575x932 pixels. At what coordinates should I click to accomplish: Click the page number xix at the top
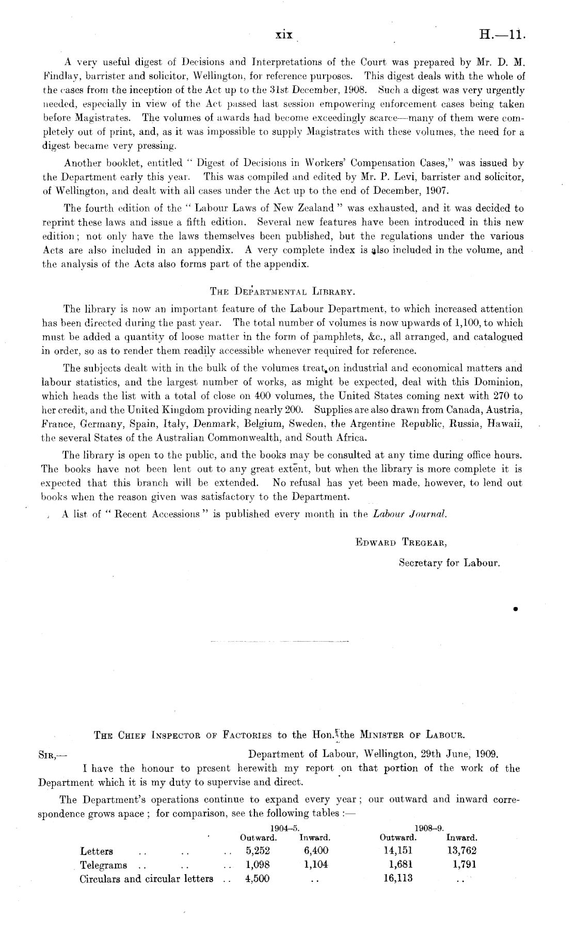284,35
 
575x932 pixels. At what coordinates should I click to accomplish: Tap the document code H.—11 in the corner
502,35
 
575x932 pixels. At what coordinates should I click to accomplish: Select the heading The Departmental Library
283,291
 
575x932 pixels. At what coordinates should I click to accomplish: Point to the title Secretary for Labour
450,562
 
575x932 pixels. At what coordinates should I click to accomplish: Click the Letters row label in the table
97,851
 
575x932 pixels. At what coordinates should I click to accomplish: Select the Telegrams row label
104,865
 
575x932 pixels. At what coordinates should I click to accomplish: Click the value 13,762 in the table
461,850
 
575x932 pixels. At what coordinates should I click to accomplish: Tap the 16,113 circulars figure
398,878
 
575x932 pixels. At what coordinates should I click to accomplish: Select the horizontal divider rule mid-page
280,642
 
